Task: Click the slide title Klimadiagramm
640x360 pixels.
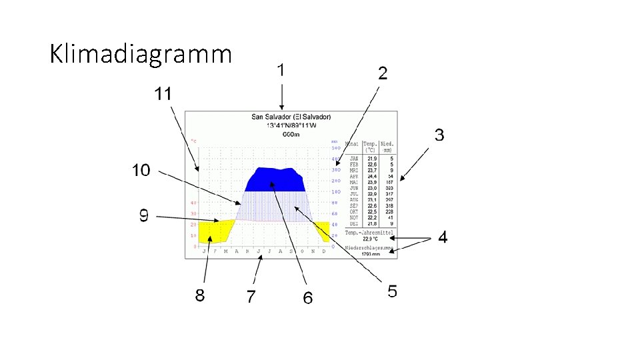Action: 141,53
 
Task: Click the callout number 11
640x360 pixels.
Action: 163,94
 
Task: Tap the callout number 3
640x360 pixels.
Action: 439,135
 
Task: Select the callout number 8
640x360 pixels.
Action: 200,295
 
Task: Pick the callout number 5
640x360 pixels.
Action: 393,291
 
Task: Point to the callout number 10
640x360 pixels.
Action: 141,170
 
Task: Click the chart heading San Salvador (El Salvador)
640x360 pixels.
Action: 291,117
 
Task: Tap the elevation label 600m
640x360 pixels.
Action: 291,133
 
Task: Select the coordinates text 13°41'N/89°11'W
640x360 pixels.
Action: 291,125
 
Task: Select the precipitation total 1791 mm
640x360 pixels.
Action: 370,254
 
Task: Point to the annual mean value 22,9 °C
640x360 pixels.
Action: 371,239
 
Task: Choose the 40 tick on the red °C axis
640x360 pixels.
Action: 193,203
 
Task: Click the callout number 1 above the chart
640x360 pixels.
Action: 282,69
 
